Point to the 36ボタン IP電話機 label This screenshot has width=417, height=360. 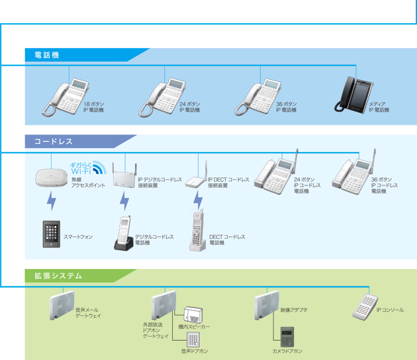click(x=286, y=106)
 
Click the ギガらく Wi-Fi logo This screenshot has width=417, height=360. click(x=87, y=167)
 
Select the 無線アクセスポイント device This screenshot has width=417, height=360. click(x=50, y=177)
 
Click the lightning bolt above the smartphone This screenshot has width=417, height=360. click(x=51, y=201)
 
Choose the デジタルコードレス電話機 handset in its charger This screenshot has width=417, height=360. click(x=124, y=235)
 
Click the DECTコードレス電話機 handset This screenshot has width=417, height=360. click(x=197, y=231)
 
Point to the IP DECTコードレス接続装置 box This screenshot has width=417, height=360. click(x=192, y=181)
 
